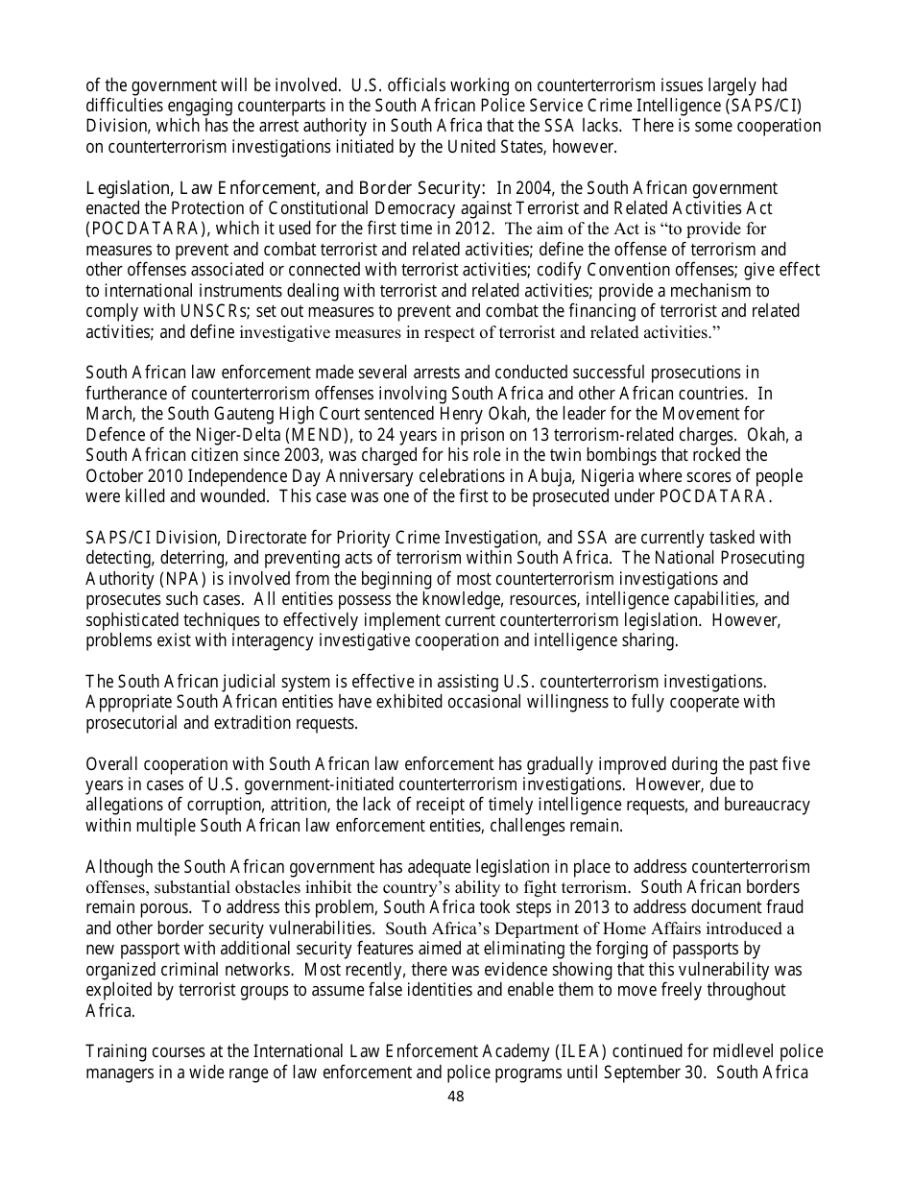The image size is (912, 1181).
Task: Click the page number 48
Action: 456,1096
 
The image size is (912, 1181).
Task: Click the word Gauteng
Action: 267,414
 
